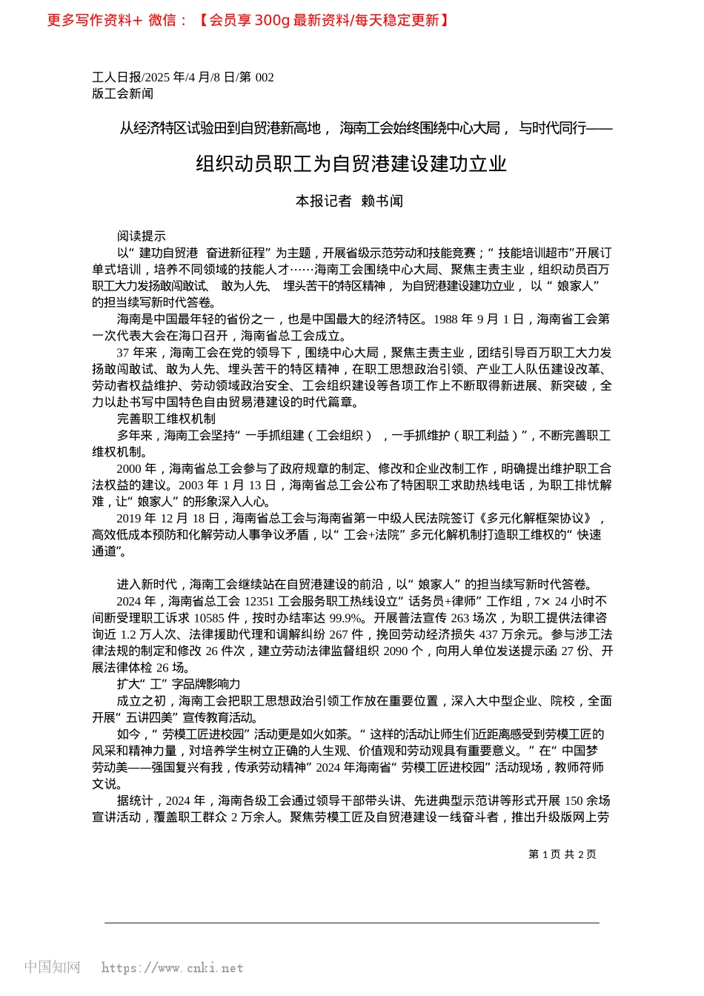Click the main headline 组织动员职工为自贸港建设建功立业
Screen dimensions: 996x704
click(351, 164)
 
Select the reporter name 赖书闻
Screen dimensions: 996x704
click(382, 201)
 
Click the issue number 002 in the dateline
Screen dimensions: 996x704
click(265, 77)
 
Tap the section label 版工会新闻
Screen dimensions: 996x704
click(122, 93)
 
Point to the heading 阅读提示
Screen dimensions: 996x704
click(141, 236)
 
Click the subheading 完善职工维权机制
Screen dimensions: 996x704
click(166, 419)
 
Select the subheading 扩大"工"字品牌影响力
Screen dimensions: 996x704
click(179, 684)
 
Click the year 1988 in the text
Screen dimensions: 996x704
click(445, 319)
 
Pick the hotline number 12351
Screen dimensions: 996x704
click(259, 601)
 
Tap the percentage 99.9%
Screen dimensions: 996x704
click(346, 618)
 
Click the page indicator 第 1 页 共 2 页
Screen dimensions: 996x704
click(562, 854)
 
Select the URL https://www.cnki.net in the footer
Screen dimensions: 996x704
click(172, 968)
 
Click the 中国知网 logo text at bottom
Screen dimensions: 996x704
click(52, 967)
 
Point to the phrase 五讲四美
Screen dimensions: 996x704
click(150, 717)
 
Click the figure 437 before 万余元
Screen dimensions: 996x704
click(488, 634)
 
